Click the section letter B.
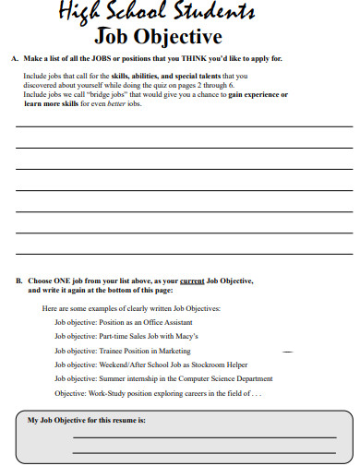pos(18,280)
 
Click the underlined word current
pos(191,280)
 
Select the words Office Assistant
pos(164,323)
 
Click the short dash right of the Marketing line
pos(287,352)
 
